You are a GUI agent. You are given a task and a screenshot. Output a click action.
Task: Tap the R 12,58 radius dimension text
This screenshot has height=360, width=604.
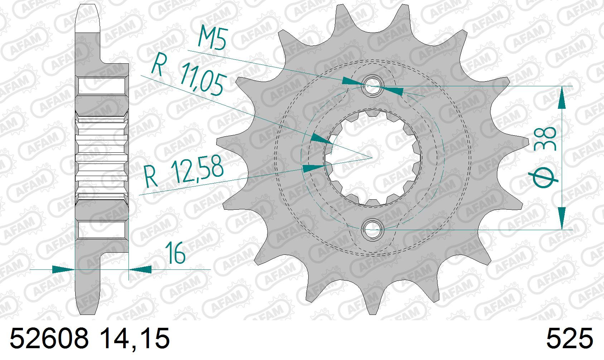(183, 172)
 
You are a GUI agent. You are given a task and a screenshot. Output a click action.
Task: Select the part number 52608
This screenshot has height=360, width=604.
(49, 339)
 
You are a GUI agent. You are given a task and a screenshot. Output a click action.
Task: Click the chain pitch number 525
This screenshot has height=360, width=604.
(569, 339)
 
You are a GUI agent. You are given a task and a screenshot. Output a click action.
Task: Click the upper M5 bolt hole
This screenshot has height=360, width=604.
(372, 86)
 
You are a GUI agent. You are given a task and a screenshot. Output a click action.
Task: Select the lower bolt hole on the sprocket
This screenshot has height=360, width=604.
(372, 230)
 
